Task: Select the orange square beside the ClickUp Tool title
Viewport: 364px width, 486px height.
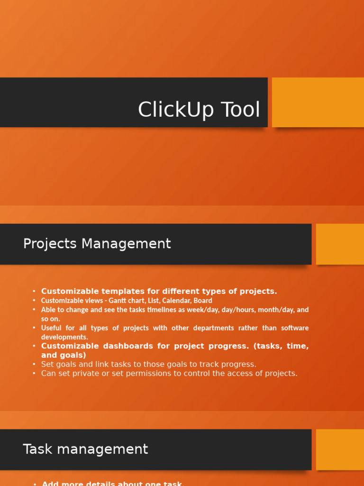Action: coord(318,102)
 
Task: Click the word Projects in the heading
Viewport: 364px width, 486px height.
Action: coord(50,243)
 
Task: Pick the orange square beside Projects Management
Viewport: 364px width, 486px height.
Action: coord(340,244)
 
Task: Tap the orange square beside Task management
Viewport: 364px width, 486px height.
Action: coord(340,449)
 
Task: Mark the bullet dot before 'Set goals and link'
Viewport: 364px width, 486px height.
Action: coord(34,364)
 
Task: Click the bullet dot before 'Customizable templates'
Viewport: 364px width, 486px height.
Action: coord(34,291)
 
